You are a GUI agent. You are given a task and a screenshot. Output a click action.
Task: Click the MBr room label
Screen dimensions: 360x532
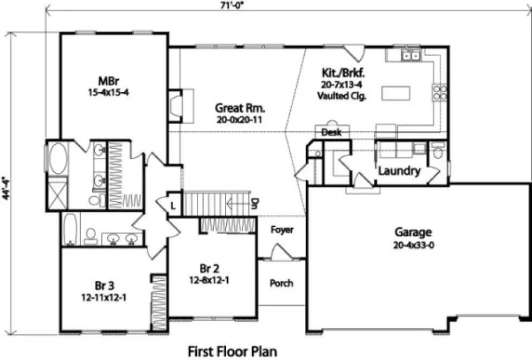105,81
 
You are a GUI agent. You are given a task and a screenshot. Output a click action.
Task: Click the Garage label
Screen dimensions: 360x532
413,232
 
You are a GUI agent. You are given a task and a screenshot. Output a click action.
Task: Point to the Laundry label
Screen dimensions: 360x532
399,171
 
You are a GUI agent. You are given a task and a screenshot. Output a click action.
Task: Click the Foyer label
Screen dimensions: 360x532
281,230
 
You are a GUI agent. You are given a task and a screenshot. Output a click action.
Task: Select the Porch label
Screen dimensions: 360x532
281,283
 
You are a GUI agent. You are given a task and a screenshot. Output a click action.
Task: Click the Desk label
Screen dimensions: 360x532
331,132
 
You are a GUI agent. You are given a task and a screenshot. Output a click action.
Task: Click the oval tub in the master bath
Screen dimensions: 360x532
57,158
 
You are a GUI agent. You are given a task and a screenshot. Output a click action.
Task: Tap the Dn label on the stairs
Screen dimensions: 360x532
254,204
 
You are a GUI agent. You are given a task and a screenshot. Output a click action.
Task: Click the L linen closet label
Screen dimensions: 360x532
172,206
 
